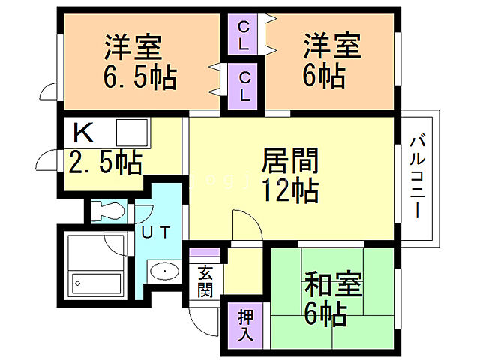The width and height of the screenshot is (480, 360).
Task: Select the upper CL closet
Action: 244,35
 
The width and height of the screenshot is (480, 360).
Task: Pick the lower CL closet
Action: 244,85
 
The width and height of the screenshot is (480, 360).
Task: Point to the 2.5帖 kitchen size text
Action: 105,162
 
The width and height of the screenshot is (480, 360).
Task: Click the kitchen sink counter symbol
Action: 133,133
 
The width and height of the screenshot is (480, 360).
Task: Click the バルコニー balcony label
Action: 419,175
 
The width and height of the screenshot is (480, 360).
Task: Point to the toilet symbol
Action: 108,211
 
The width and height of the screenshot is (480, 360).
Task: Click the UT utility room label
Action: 157,232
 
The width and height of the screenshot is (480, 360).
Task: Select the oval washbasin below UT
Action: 163,271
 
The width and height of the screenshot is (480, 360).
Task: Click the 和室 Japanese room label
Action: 332,286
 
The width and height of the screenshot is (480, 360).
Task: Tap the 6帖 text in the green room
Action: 325,314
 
